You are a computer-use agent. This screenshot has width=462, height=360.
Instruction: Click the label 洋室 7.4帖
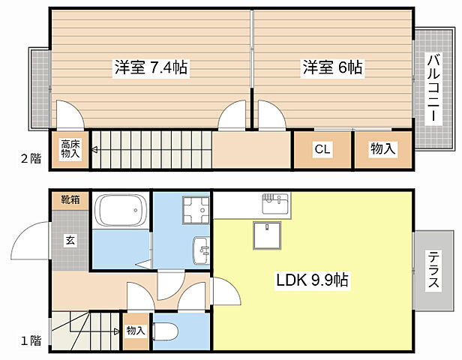tap(150, 67)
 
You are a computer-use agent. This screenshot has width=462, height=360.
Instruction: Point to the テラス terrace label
tap(433, 270)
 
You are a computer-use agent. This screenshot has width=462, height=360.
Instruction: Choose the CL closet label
tap(322, 149)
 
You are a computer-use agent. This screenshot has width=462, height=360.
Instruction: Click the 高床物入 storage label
tap(70, 149)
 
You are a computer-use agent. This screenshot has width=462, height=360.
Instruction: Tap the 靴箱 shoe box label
tap(70, 200)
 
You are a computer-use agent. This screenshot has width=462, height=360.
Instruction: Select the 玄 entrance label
tap(70, 241)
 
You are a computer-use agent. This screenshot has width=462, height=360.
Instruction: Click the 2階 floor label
tap(30, 158)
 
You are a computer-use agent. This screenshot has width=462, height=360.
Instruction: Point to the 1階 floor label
tap(30, 340)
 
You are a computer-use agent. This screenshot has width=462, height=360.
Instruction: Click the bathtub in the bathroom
tap(120, 211)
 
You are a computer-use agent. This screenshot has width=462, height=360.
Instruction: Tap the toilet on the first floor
tap(164, 331)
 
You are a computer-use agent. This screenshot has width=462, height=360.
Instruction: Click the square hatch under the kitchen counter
tap(267, 236)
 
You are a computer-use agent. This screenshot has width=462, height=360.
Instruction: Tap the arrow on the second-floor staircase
tap(94, 149)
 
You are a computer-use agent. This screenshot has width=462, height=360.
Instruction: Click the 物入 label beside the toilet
tap(136, 331)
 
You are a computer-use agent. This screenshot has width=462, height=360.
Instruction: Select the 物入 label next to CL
tap(382, 149)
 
